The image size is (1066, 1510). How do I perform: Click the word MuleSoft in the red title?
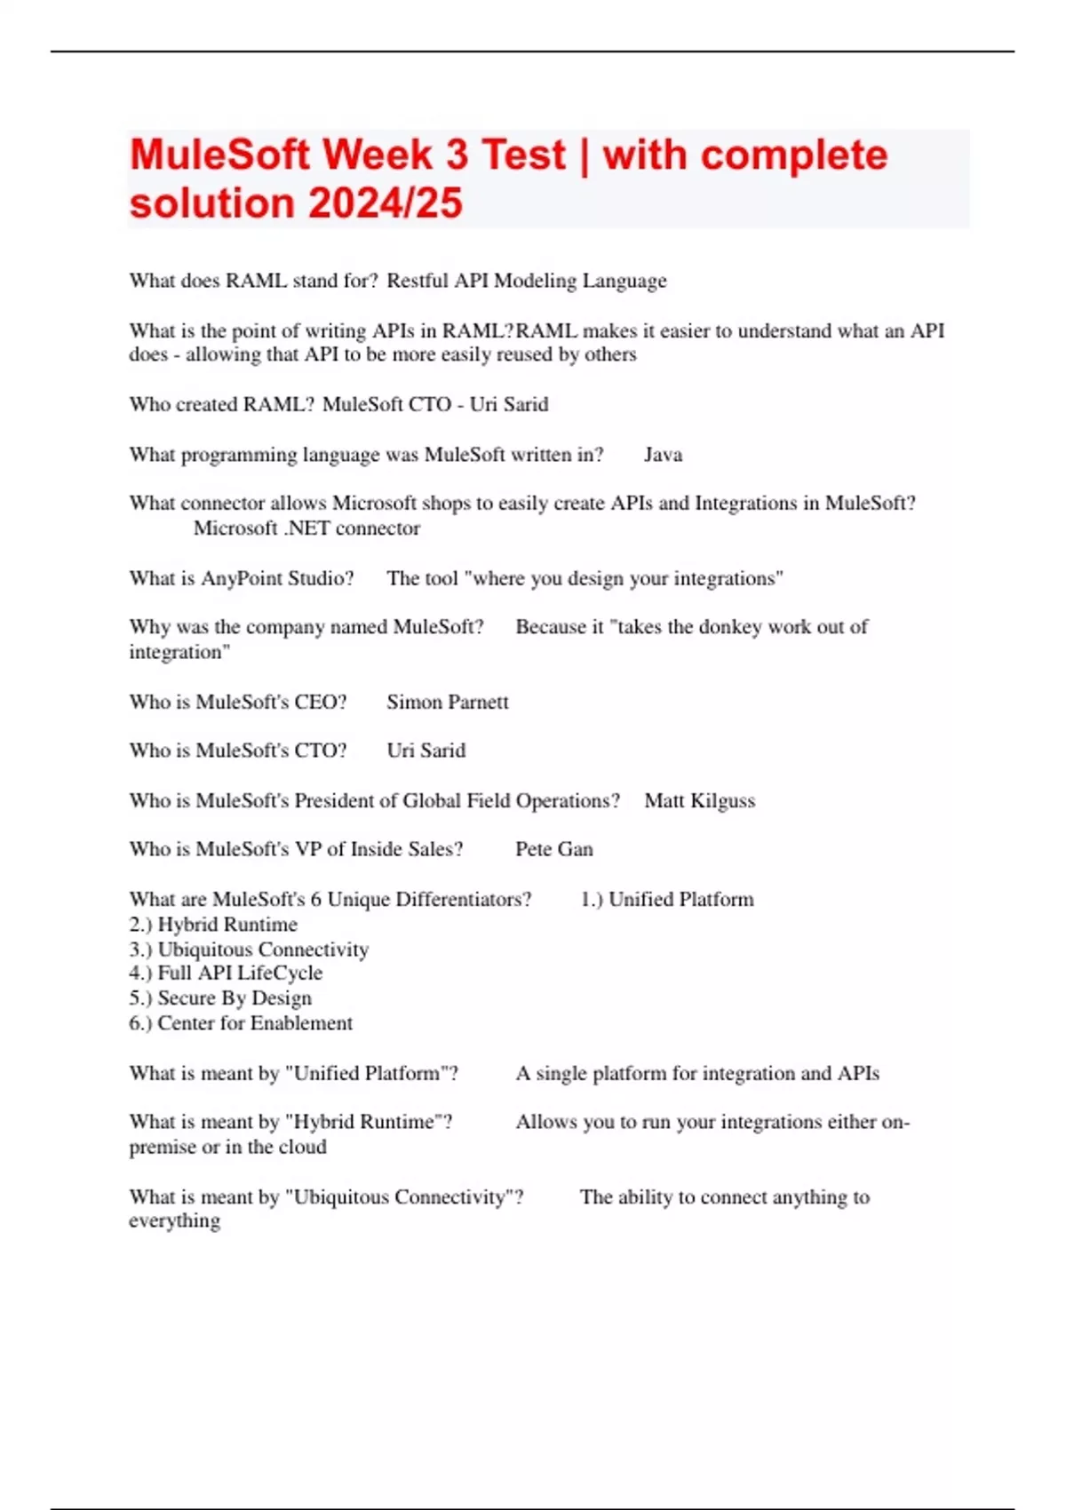(219, 155)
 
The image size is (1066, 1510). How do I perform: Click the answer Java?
(663, 455)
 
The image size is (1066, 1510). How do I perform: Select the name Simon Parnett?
(447, 702)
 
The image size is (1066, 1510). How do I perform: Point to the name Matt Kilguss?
(699, 800)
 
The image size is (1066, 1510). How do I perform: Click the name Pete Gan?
(553, 849)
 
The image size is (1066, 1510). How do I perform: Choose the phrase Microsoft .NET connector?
(306, 528)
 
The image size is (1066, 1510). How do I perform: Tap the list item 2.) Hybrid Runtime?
(213, 924)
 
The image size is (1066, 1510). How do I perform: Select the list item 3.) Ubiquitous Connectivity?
(249, 949)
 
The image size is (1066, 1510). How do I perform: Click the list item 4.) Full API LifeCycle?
(226, 973)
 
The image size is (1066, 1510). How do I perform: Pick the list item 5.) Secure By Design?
(220, 997)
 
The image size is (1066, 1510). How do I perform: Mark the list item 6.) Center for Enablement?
(241, 1022)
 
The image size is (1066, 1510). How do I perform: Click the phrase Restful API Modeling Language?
(526, 281)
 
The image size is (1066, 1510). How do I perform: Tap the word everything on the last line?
(174, 1221)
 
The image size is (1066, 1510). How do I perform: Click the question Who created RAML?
(221, 404)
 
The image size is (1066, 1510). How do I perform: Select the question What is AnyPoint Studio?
(242, 578)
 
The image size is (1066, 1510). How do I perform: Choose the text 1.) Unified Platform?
(666, 899)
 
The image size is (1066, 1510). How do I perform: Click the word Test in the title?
(523, 155)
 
